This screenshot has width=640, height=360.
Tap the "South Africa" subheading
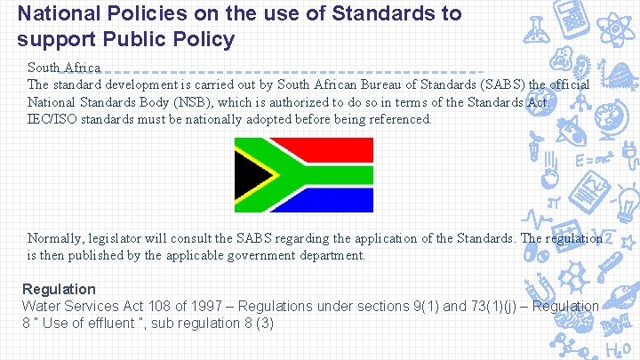pos(63,68)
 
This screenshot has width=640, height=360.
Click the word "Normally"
pos(56,238)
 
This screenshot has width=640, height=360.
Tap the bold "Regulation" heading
pos(59,289)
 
